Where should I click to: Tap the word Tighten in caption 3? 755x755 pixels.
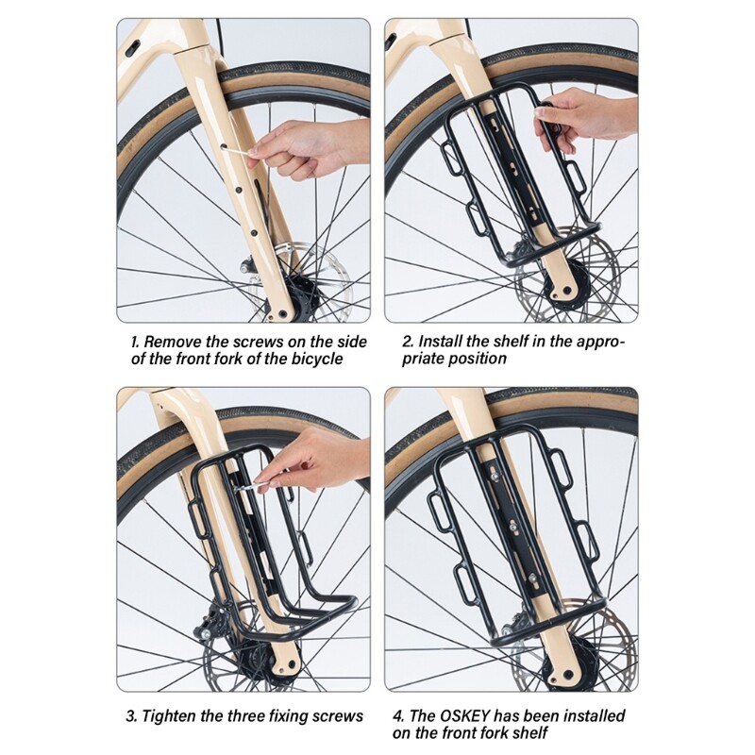point(174,716)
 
